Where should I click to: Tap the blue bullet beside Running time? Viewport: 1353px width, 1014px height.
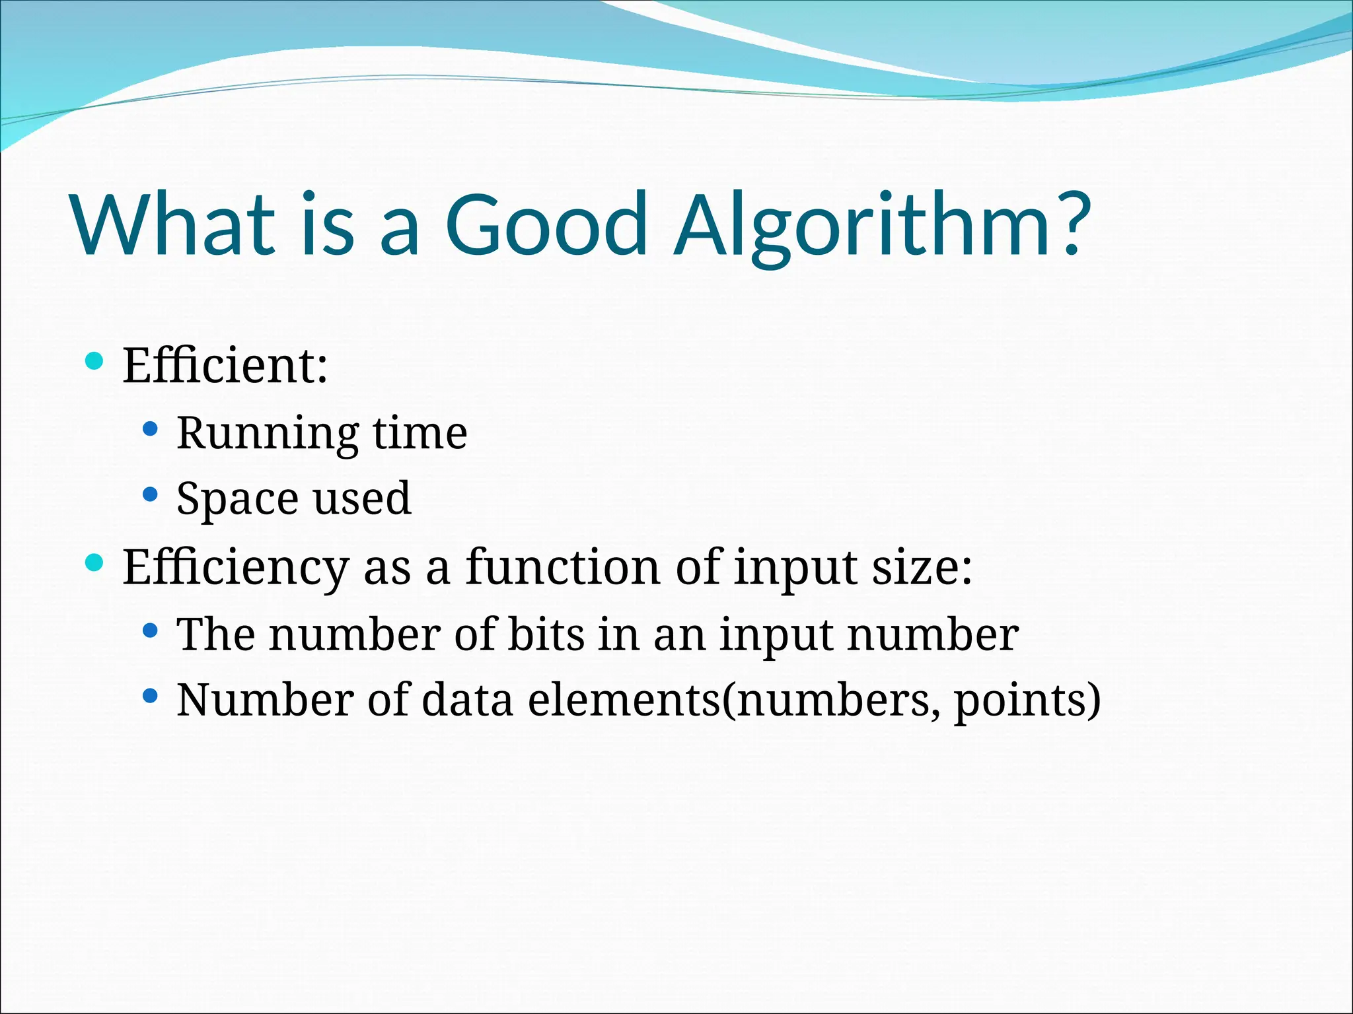pos(151,429)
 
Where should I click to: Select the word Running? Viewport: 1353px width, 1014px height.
pos(267,434)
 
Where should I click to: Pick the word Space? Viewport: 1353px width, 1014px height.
pos(237,499)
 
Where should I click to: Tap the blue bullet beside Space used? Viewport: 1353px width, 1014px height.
pos(151,494)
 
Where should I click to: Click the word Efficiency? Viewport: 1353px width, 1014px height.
pos(235,568)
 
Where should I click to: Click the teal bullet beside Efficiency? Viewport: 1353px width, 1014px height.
pos(95,562)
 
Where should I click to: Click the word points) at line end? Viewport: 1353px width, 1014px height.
pos(1027,701)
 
